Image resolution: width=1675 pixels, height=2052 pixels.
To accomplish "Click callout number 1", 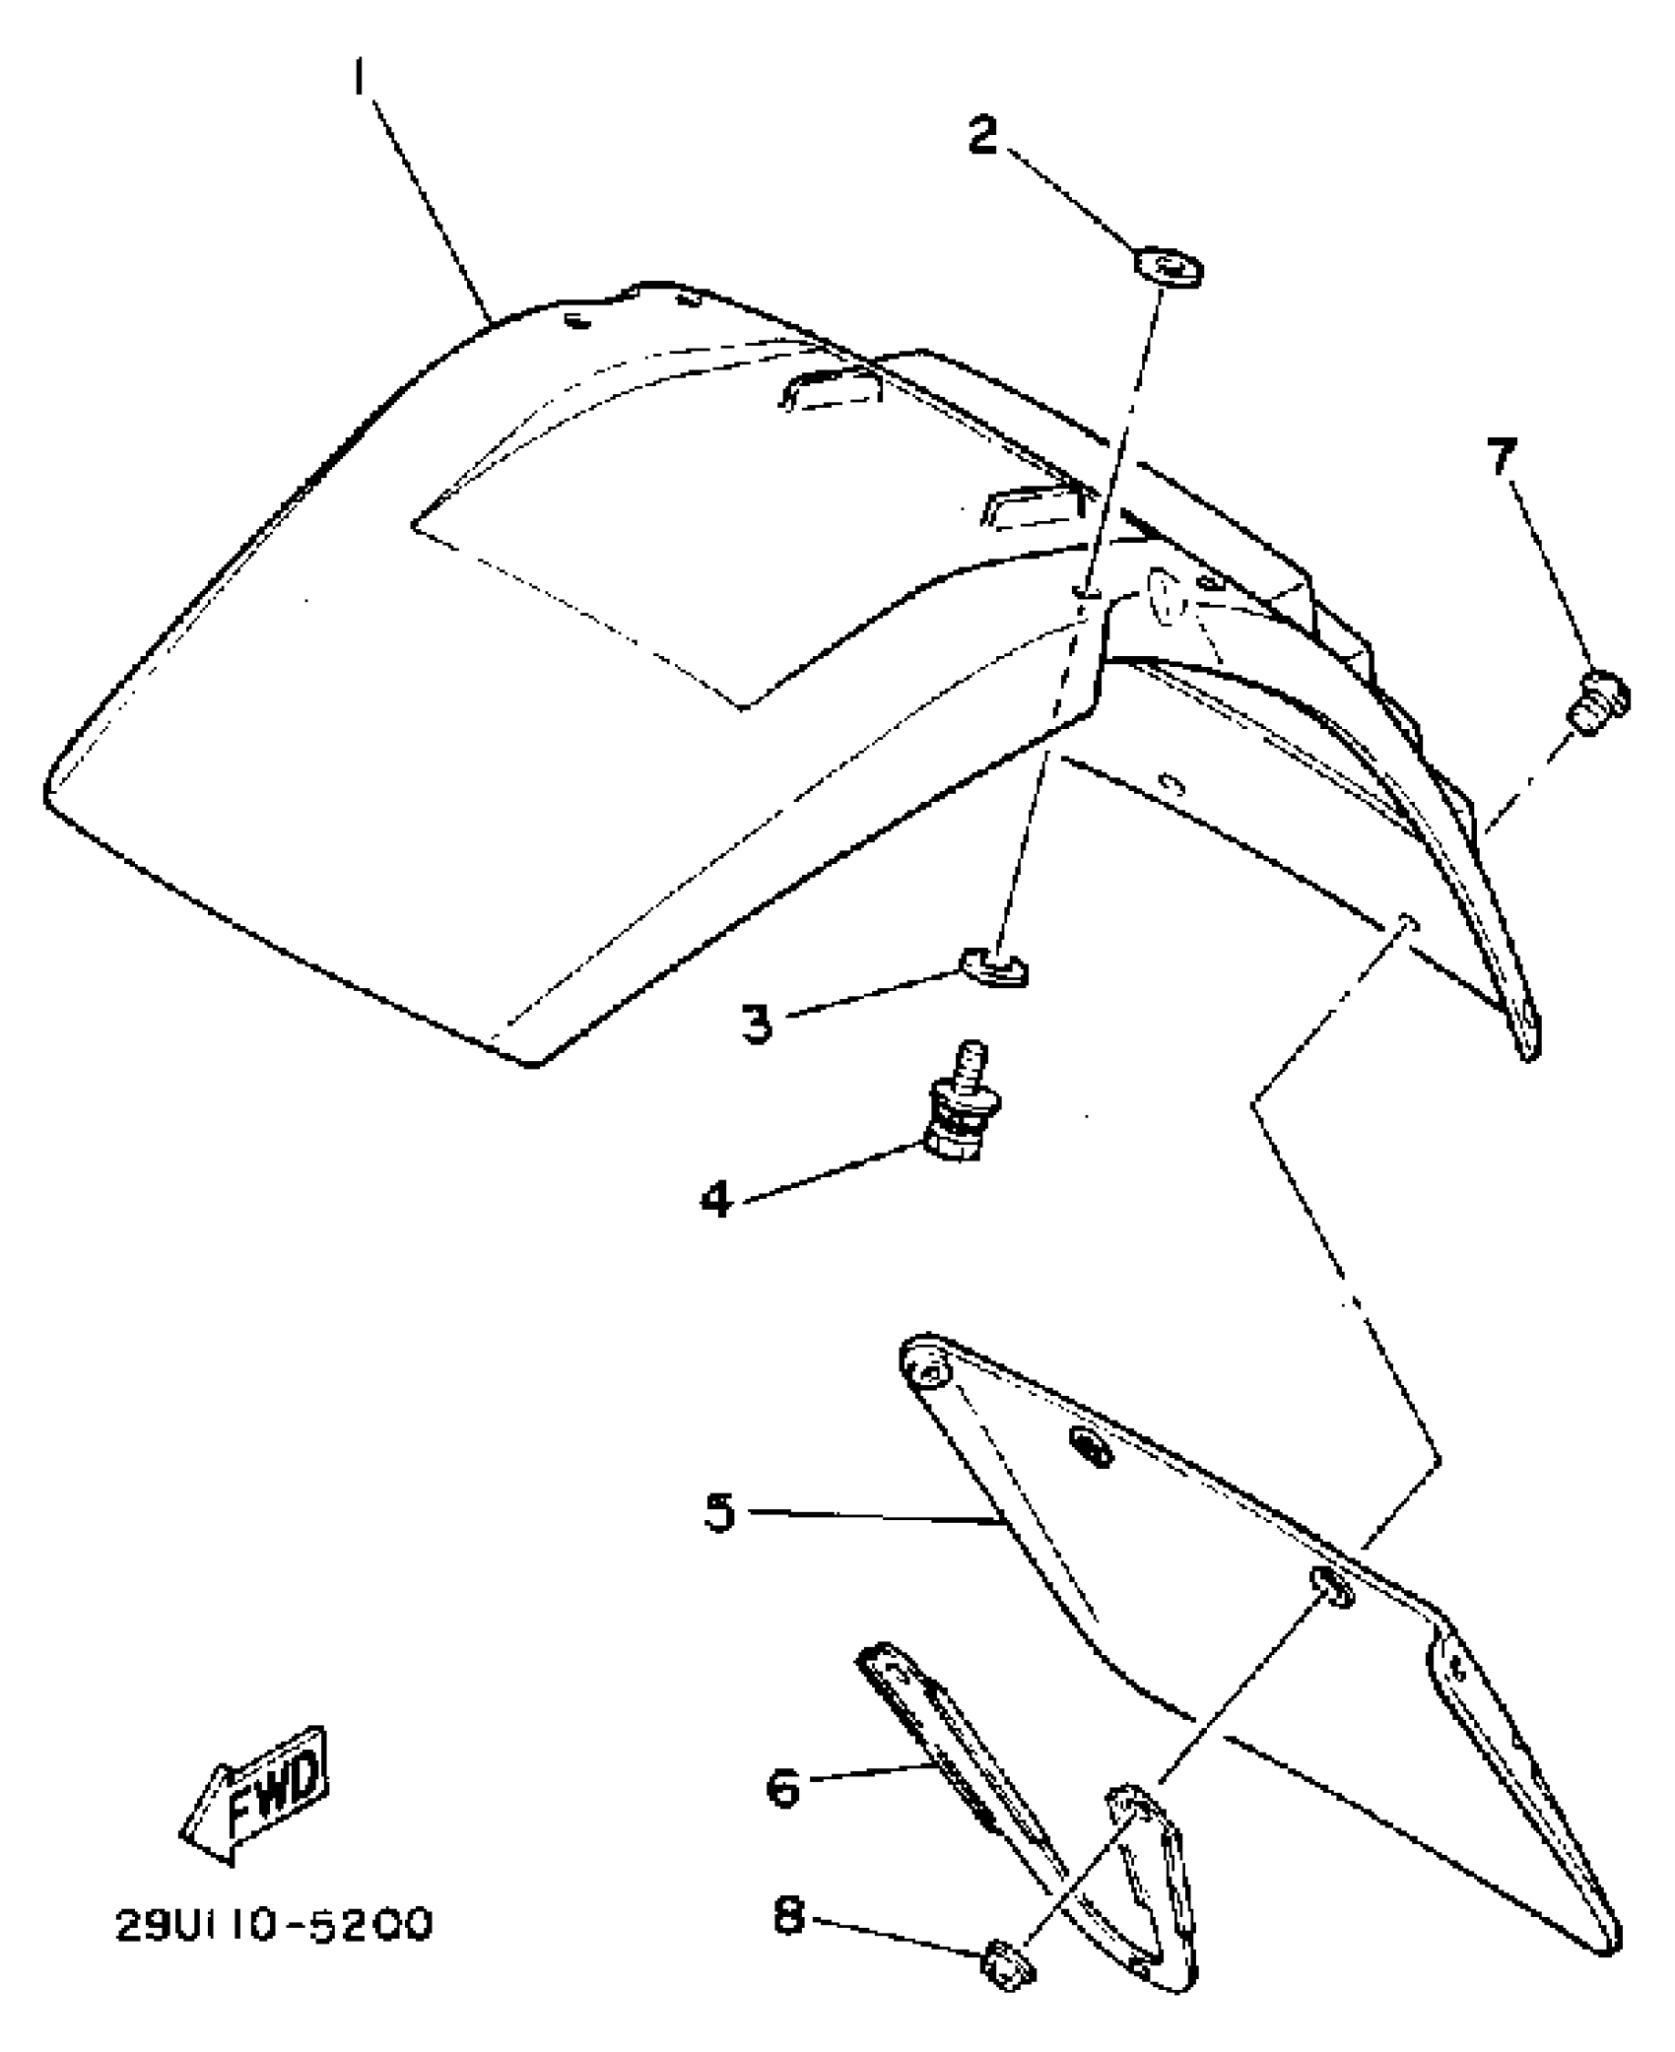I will click(x=361, y=76).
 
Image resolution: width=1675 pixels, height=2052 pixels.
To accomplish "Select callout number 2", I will click(x=983, y=135).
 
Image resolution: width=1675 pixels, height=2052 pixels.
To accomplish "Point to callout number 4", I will click(x=716, y=1198).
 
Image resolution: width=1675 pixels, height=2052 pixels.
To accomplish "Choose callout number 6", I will click(x=784, y=1787).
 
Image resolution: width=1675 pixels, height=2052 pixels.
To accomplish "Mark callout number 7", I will click(x=1502, y=457).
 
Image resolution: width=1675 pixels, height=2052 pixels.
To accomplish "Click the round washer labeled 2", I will click(x=1170, y=268).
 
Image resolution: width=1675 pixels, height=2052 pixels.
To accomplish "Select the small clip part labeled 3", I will click(x=993, y=969).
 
